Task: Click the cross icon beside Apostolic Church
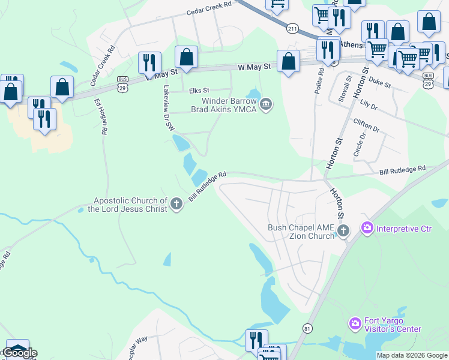176,205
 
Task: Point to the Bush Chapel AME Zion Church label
300,232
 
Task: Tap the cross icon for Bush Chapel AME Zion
343,231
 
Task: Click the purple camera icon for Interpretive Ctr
367,228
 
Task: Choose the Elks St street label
198,91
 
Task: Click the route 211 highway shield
292,28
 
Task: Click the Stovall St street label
345,88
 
